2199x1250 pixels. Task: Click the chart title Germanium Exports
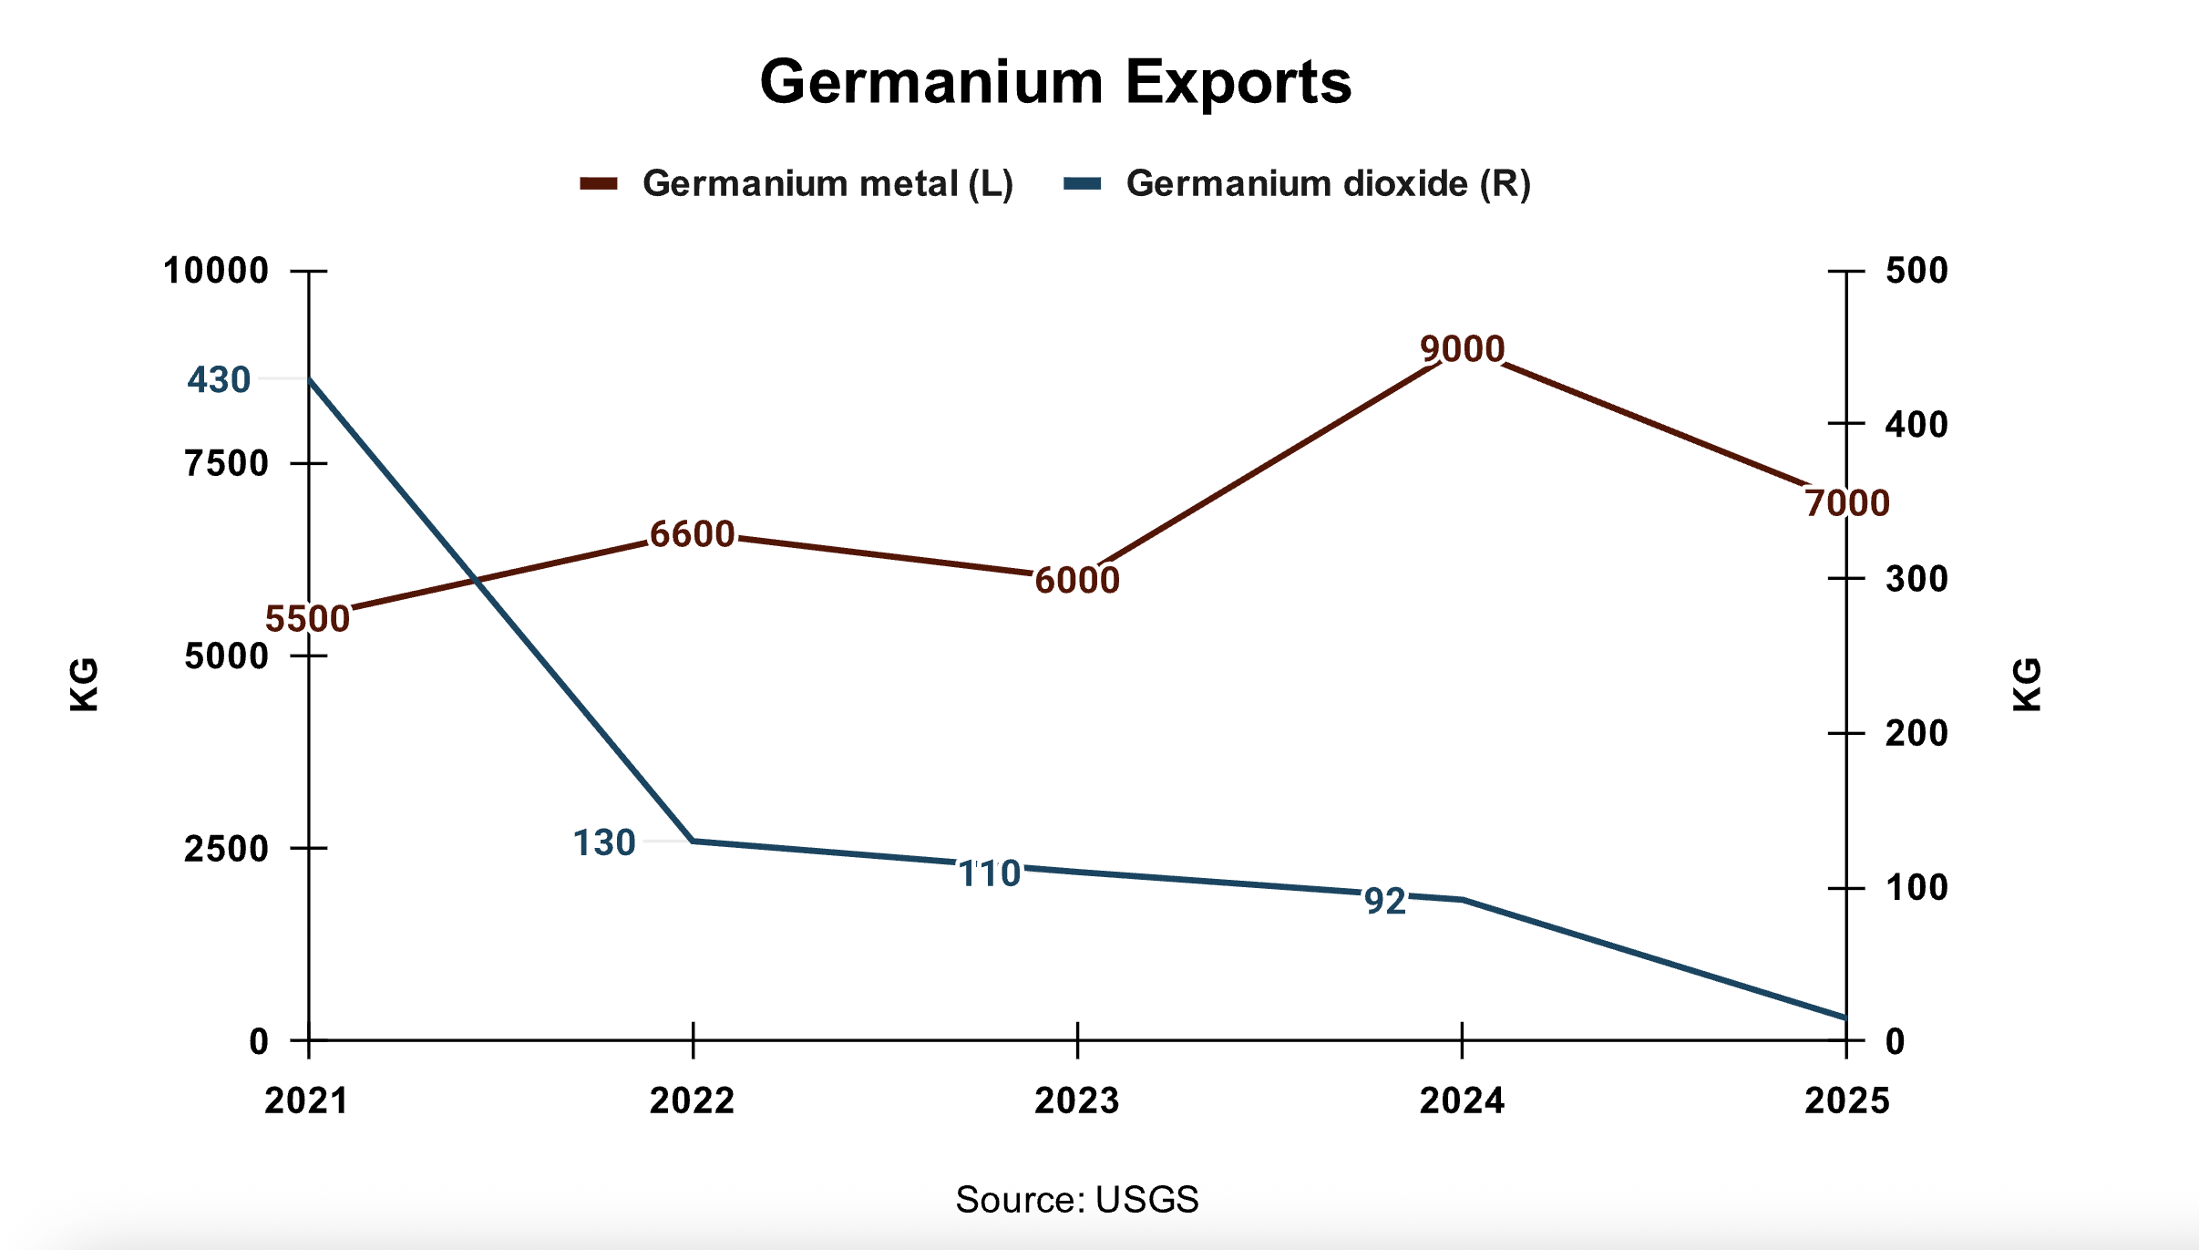(1055, 83)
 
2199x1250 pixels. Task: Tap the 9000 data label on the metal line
(1462, 348)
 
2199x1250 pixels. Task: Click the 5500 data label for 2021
(308, 619)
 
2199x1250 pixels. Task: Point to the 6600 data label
(693, 534)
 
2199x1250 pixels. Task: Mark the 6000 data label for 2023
(1077, 580)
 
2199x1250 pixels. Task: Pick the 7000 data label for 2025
(1847, 503)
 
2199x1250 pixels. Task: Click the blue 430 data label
(219, 380)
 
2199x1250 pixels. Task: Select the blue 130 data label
(603, 843)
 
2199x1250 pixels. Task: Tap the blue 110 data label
(990, 874)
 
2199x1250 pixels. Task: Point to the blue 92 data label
(1385, 902)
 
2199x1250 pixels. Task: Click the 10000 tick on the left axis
(216, 271)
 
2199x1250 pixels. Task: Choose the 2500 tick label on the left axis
(227, 849)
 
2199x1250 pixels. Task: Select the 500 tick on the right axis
(1916, 271)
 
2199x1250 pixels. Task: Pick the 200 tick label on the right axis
(1916, 733)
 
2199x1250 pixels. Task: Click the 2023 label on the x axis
(1077, 1101)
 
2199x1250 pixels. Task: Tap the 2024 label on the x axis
(1462, 1101)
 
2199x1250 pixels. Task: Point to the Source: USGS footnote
(1077, 1200)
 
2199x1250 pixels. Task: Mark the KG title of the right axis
(2027, 684)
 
